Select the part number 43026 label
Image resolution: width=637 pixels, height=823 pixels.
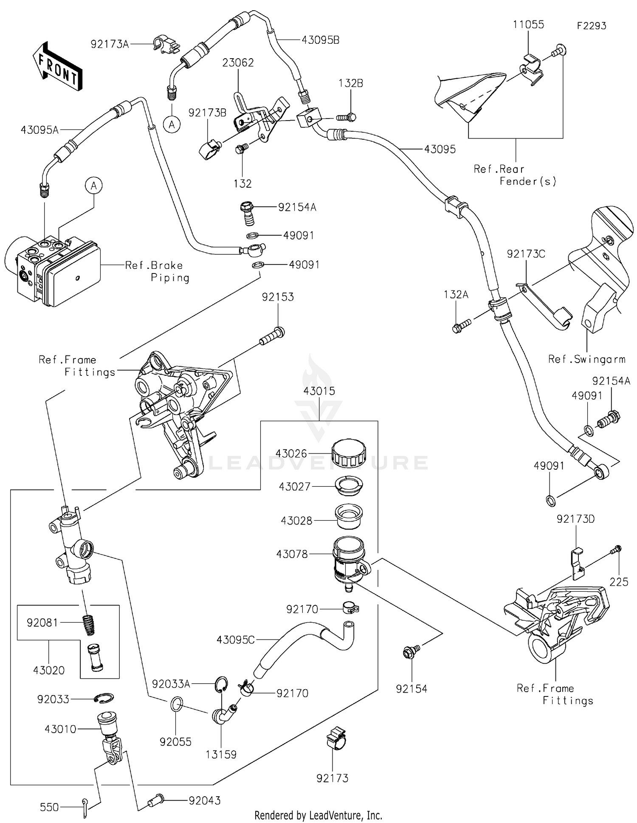pos(291,454)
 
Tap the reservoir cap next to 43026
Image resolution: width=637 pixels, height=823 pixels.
pos(348,453)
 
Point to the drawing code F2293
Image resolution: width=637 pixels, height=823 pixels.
pos(591,26)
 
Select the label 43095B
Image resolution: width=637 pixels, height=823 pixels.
pos(320,40)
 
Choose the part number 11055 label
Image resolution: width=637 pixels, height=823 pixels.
pos(528,25)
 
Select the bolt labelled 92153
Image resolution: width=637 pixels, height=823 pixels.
pos(272,337)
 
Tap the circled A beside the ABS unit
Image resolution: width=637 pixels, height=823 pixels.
pos(94,186)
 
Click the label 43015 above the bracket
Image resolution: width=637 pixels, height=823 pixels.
pos(319,391)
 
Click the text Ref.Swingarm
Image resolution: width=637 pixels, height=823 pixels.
pos(586,359)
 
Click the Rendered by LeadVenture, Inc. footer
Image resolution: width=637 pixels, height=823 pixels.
pos(318,815)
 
